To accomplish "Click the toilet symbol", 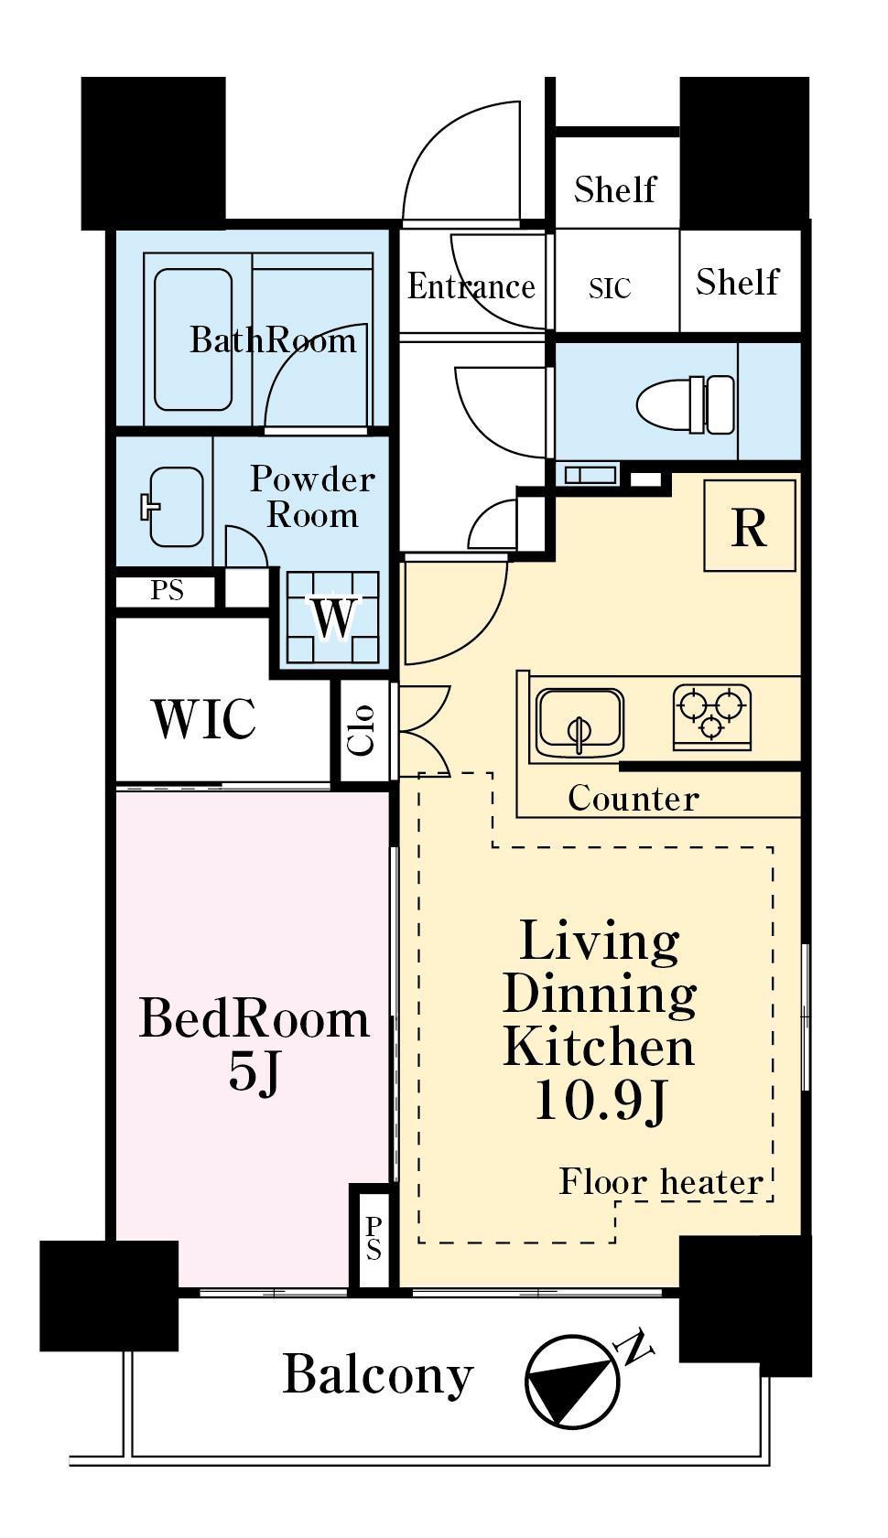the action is (x=685, y=404).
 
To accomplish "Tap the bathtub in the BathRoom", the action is (x=193, y=339).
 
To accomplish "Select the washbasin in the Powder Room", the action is (x=172, y=507).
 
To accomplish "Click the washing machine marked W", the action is (x=333, y=616).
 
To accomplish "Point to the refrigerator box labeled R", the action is (x=749, y=524).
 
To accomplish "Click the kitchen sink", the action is (x=580, y=722).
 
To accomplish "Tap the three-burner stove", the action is (x=711, y=715).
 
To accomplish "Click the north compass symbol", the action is (x=572, y=1381).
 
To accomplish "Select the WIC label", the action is (x=205, y=719).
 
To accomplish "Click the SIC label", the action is (x=609, y=288).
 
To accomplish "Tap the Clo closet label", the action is (x=362, y=729).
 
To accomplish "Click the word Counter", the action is (x=634, y=798).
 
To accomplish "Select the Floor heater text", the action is (x=661, y=1181).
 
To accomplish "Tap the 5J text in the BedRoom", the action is (x=254, y=1071).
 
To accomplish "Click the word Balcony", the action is (x=378, y=1374).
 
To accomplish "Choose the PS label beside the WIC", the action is (x=167, y=590).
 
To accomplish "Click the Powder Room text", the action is (x=312, y=497).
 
